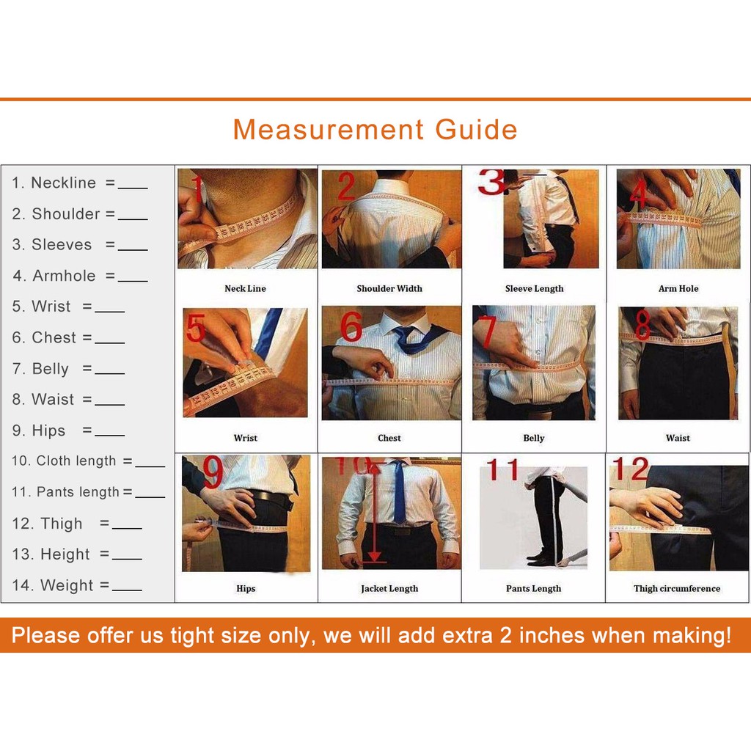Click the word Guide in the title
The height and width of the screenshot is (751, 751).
pyautogui.click(x=476, y=129)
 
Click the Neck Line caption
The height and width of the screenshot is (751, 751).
pyautogui.click(x=245, y=288)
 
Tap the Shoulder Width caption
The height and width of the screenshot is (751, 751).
pyautogui.click(x=389, y=288)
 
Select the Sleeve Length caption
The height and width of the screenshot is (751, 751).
pyautogui.click(x=534, y=289)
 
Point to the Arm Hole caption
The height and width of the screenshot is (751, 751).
pyautogui.click(x=678, y=288)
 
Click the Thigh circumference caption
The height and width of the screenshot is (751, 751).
pyautogui.click(x=677, y=589)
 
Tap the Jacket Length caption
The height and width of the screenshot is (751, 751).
pyautogui.click(x=389, y=589)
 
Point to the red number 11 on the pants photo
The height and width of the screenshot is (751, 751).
pyautogui.click(x=502, y=469)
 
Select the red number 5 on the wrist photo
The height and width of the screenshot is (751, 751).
pyautogui.click(x=196, y=328)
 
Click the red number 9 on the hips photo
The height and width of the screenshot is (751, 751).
pyautogui.click(x=213, y=472)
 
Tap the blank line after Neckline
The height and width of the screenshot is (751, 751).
pyautogui.click(x=133, y=188)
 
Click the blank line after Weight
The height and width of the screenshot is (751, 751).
pyautogui.click(x=127, y=590)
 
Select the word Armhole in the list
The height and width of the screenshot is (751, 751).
pyautogui.click(x=65, y=276)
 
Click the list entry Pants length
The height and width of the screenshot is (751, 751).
pyautogui.click(x=65, y=492)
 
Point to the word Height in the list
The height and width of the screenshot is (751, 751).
pyautogui.click(x=65, y=554)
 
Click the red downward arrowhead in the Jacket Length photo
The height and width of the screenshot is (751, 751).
pyautogui.click(x=375, y=556)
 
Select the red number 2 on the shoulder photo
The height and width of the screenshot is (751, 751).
pyautogui.click(x=346, y=186)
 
